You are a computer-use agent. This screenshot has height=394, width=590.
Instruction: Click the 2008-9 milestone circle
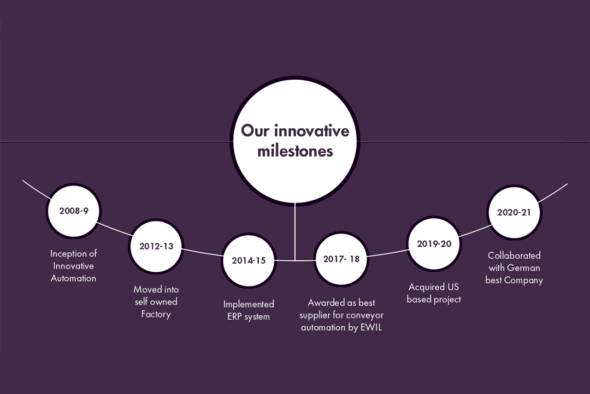[74, 211]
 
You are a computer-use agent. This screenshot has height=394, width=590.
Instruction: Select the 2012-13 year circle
[156, 246]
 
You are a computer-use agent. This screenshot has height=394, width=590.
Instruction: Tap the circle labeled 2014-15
[249, 260]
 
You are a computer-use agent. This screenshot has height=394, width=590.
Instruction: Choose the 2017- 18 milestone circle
[341, 259]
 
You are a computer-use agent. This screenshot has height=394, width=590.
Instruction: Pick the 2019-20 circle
[434, 243]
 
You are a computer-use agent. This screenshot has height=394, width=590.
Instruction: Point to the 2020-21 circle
[514, 212]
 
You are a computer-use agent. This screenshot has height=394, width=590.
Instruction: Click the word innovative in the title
[311, 131]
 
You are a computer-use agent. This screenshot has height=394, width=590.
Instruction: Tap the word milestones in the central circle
[295, 151]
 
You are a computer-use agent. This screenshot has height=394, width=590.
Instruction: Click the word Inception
[67, 254]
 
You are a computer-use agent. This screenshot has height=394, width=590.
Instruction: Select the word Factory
[156, 314]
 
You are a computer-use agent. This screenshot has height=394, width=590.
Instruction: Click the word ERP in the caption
[235, 316]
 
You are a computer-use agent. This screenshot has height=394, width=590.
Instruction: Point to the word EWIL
[371, 327]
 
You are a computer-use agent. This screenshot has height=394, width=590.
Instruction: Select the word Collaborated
[514, 255]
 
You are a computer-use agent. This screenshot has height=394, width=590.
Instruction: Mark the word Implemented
[249, 304]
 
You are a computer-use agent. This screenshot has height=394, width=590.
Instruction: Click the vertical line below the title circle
[295, 231]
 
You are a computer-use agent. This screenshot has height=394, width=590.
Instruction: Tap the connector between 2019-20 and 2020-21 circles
[475, 231]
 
